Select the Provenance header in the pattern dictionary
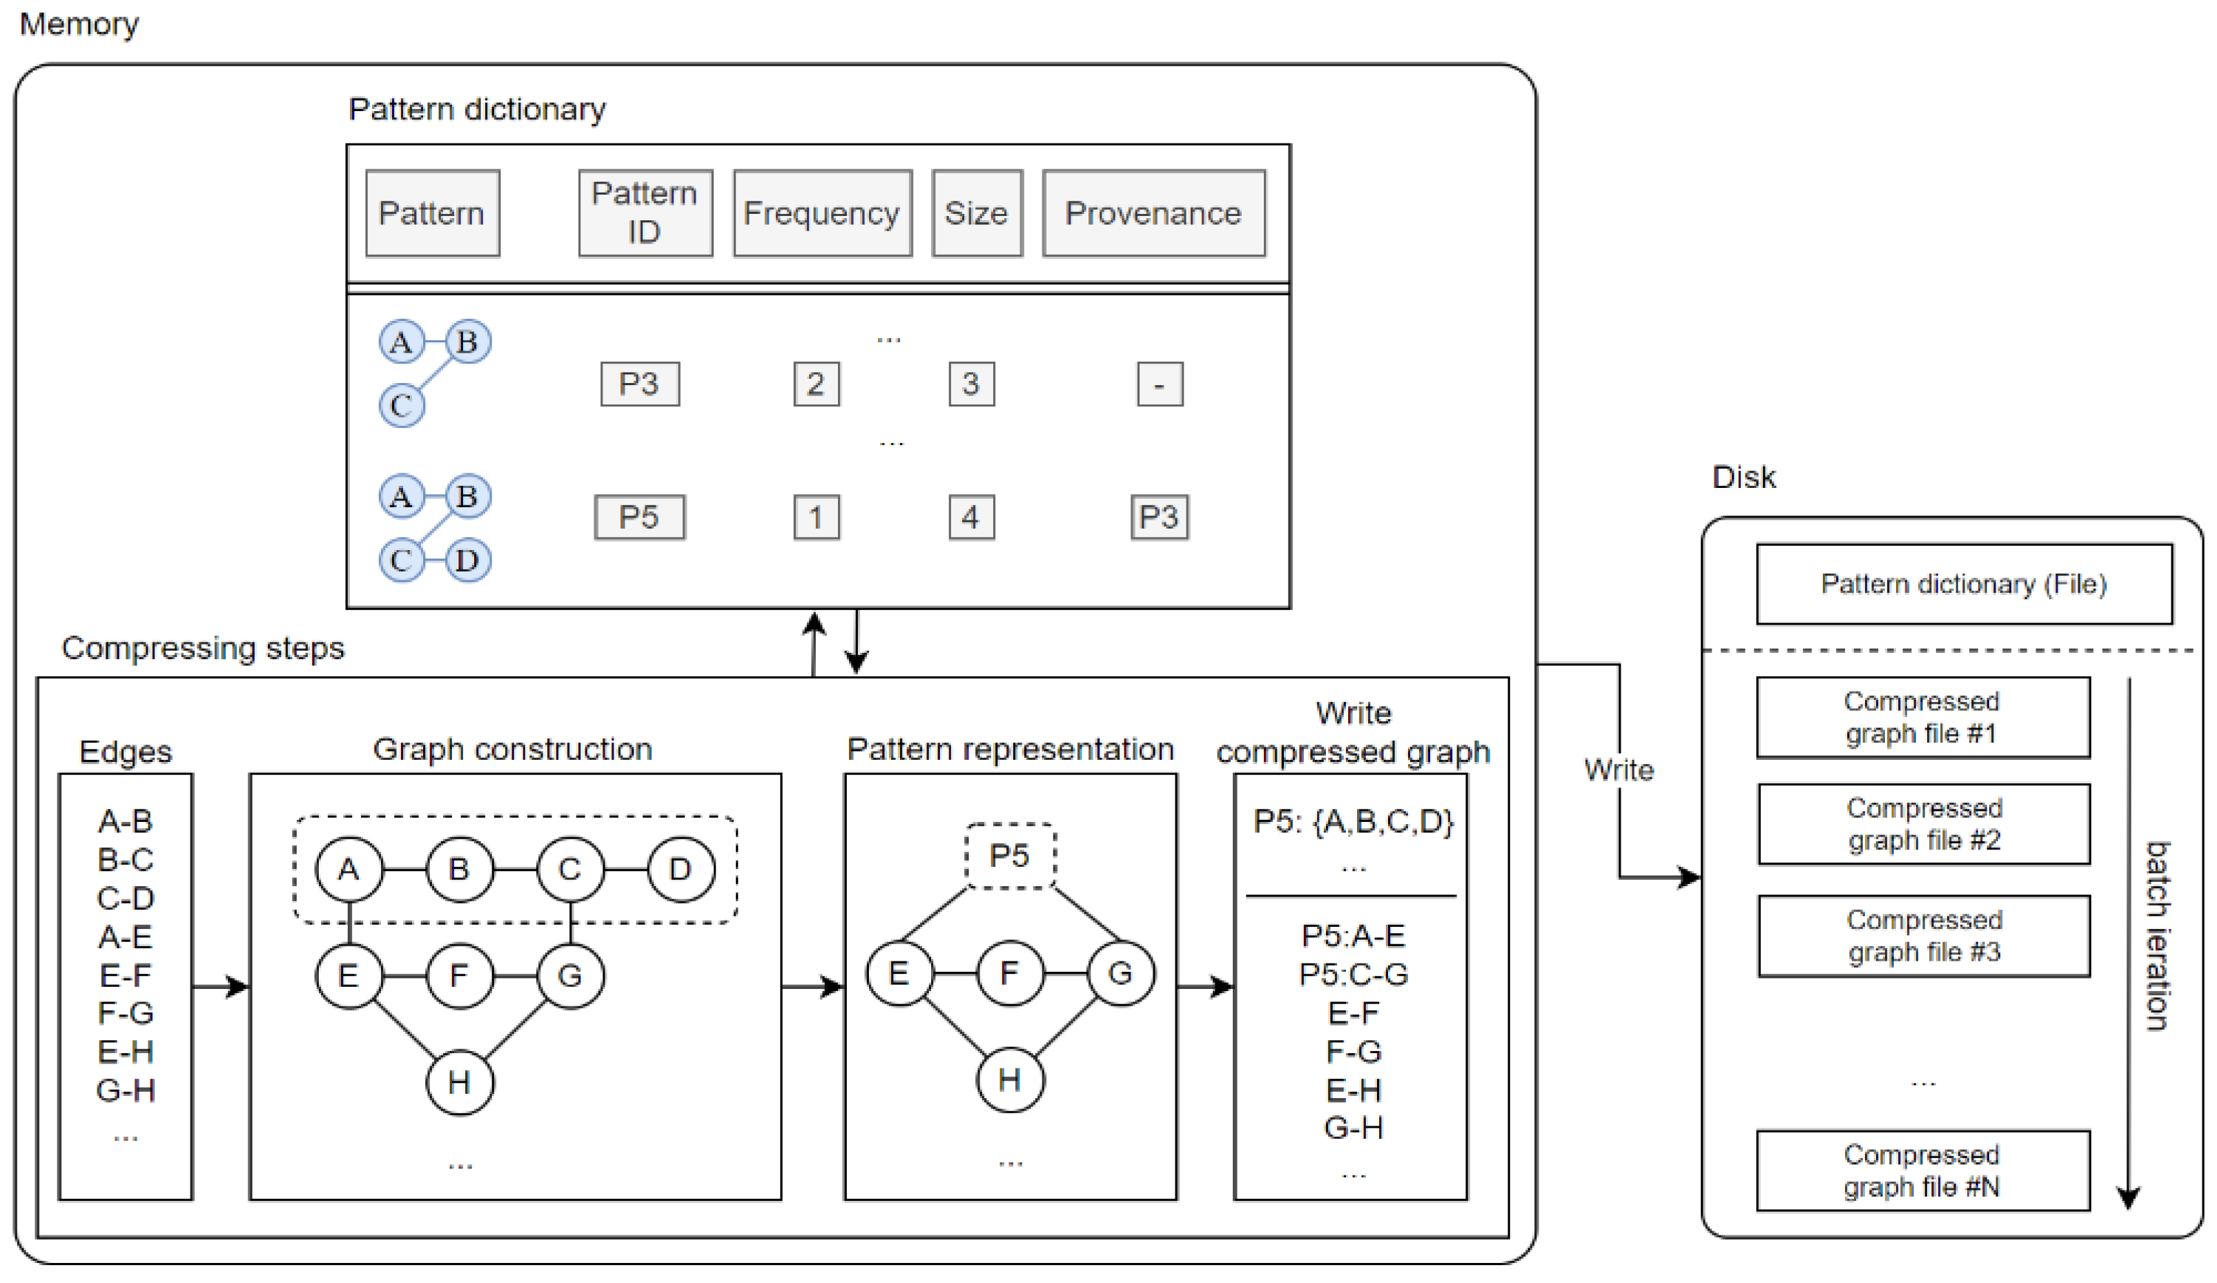1153,214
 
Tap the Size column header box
977,214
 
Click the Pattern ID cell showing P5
640,516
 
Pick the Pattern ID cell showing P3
640,384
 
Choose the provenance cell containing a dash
1160,384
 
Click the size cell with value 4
971,516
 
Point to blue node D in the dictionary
467,560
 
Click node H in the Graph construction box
459,1081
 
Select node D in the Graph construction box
680,870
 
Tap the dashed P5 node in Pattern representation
1010,855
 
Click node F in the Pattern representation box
1010,973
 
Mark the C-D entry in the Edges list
126,898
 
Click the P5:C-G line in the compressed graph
1353,974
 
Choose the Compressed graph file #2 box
1924,823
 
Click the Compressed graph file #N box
1922,1171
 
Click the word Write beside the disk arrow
1619,770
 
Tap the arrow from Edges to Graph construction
221,986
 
